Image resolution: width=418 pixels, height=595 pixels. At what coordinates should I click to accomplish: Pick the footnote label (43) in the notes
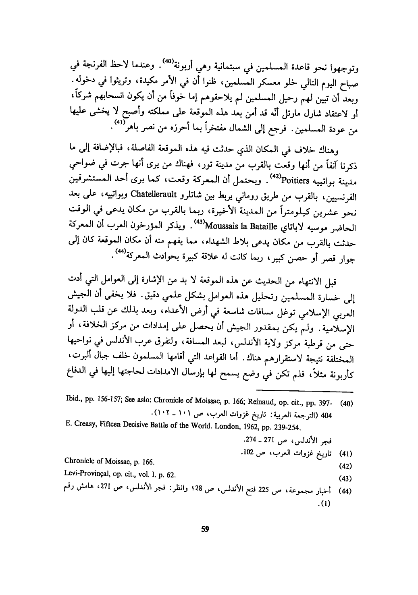[347, 479]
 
